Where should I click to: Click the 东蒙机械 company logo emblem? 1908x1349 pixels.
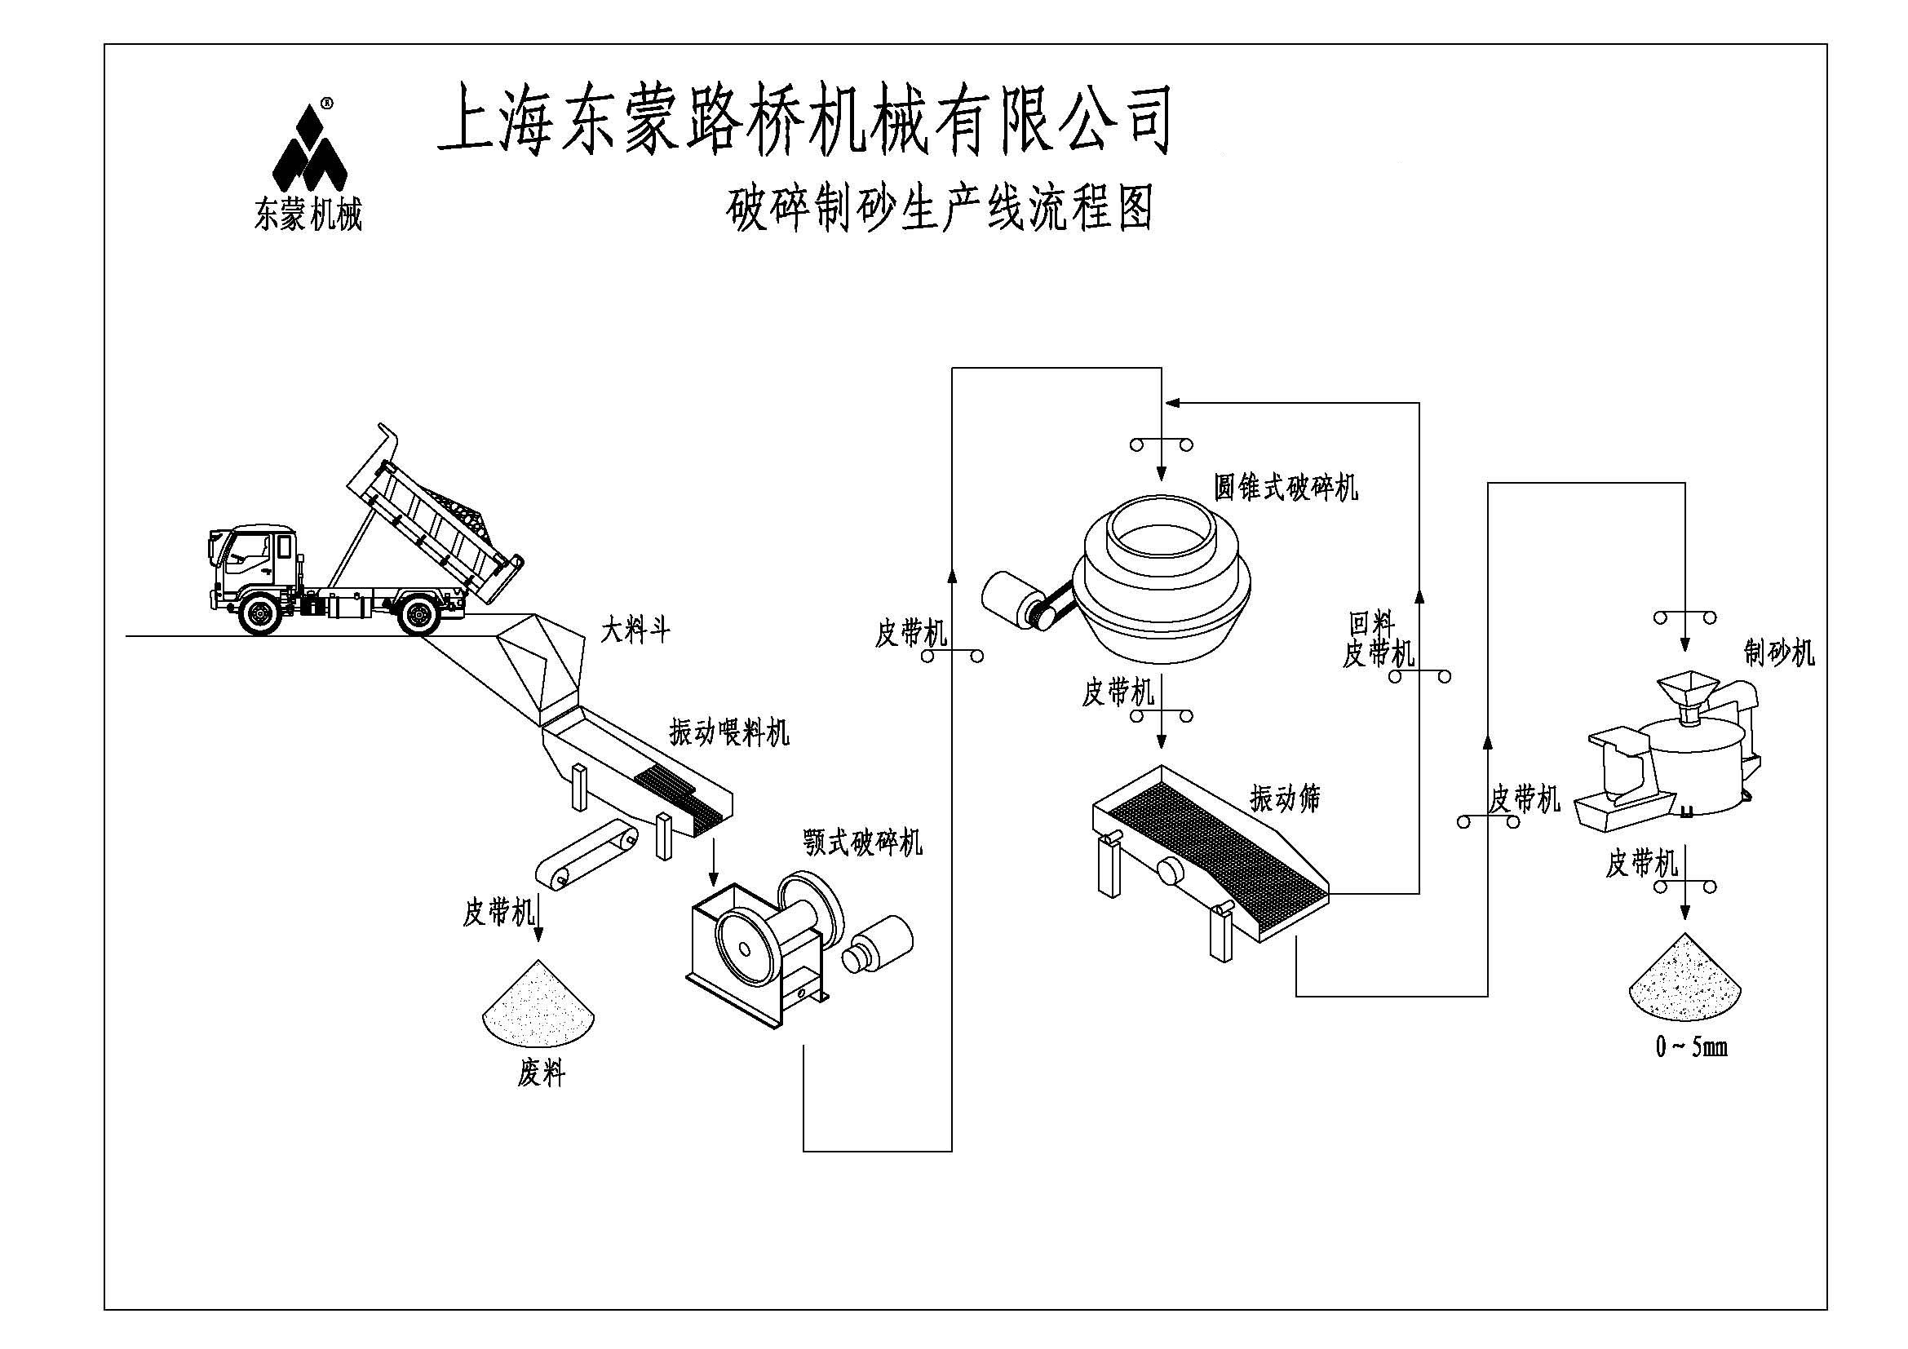pos(309,148)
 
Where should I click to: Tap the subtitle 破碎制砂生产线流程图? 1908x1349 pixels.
pos(940,209)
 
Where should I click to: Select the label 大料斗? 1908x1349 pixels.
pos(635,631)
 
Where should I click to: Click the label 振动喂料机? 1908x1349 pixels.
pos(728,732)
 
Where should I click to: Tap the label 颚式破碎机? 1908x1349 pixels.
pos(862,843)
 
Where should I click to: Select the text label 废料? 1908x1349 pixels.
pos(541,1075)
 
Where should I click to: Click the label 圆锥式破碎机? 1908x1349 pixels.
pos(1286,488)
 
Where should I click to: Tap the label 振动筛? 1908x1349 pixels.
pos(1285,798)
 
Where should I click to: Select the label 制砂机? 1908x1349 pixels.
pos(1779,653)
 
